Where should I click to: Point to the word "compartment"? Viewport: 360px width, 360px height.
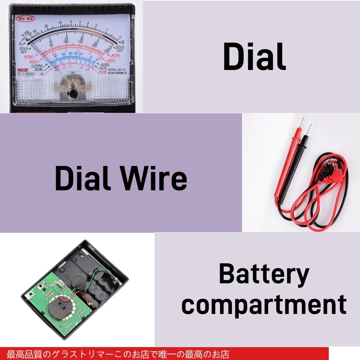pos(264,305)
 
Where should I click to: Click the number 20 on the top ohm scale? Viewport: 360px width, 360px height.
pos(46,26)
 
